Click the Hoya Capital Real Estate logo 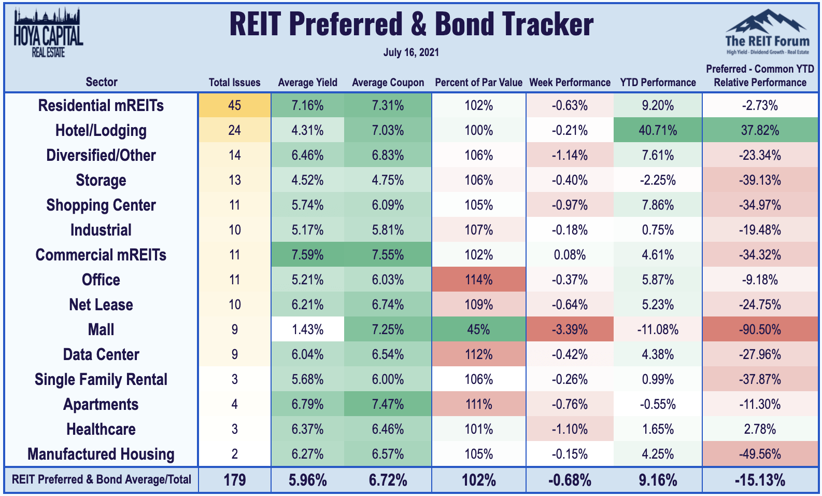click(x=48, y=32)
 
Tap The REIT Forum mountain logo click(x=768, y=32)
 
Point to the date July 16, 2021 click(x=411, y=52)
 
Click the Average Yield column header click(x=307, y=82)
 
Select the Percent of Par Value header click(x=478, y=82)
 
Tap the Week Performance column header click(x=570, y=82)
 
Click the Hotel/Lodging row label click(x=101, y=130)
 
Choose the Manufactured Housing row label click(x=101, y=454)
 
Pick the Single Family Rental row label click(x=101, y=380)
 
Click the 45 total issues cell click(x=234, y=105)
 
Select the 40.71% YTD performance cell click(x=658, y=130)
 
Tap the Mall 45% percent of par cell click(x=478, y=329)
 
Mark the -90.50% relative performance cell click(x=760, y=329)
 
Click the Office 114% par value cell click(x=478, y=280)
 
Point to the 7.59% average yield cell click(x=307, y=255)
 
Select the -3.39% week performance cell click(x=570, y=329)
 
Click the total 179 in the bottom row click(x=234, y=480)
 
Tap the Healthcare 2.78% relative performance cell click(x=760, y=429)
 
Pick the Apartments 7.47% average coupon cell click(x=388, y=404)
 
